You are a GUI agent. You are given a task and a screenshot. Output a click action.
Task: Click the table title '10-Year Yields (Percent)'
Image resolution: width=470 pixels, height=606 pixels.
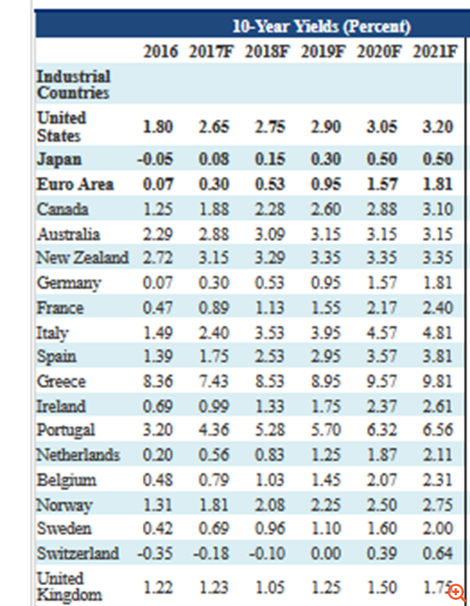(x=321, y=27)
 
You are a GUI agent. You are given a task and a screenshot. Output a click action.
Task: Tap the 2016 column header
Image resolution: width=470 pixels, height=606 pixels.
(x=159, y=52)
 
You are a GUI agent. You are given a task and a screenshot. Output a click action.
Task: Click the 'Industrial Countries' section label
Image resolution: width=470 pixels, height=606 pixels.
(x=73, y=85)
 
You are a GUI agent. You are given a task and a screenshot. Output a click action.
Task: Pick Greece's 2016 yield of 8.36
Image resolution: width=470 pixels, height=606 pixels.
(x=158, y=382)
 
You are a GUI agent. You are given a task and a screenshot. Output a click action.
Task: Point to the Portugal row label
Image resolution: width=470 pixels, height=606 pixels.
(x=65, y=430)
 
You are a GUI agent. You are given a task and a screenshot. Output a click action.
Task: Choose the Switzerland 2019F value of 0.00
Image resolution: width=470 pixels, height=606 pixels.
(x=327, y=553)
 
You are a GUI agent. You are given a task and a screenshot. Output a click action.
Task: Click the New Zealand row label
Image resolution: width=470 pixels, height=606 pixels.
(x=82, y=258)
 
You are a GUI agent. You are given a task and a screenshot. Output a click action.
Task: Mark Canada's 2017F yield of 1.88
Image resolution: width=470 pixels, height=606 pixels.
(x=213, y=209)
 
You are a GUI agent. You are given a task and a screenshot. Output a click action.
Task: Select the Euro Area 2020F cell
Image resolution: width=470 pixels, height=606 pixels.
(x=382, y=185)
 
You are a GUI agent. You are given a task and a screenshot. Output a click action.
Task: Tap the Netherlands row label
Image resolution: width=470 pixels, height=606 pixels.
(x=78, y=455)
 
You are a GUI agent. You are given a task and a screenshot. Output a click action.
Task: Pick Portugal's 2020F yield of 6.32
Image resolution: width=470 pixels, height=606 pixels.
(x=382, y=430)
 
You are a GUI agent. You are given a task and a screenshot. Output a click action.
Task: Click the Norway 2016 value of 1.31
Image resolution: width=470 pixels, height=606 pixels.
(x=158, y=504)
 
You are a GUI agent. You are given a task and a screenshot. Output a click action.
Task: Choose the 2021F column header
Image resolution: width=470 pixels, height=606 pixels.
(x=436, y=52)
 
